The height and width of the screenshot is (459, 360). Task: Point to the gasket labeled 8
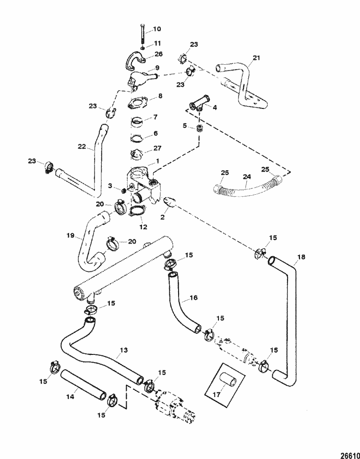pyautogui.click(x=137, y=103)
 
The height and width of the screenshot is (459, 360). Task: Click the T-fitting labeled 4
pyautogui.click(x=198, y=103)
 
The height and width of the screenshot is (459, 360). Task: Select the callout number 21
pyautogui.click(x=256, y=59)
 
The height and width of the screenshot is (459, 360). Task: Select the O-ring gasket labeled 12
pyautogui.click(x=137, y=212)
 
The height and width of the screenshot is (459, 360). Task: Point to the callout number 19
pyautogui.click(x=70, y=236)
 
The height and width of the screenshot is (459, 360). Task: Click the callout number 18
pyautogui.click(x=300, y=258)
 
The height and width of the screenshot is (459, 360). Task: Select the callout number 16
pyautogui.click(x=192, y=297)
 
